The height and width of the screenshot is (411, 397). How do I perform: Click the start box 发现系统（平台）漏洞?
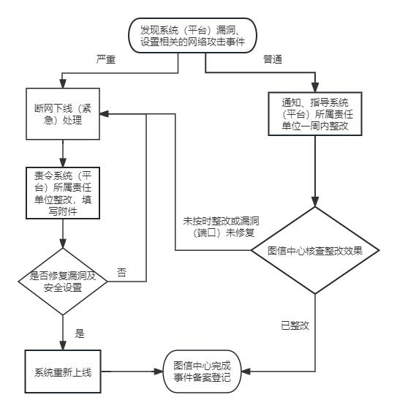point(192,35)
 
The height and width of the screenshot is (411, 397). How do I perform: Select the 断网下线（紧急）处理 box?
point(63,114)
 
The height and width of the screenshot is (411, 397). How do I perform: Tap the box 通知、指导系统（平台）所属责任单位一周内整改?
point(315,114)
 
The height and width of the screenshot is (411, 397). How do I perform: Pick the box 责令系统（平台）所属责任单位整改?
point(63,193)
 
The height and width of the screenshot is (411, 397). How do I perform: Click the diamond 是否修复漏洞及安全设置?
point(63,282)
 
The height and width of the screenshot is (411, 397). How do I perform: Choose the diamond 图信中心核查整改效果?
point(315,250)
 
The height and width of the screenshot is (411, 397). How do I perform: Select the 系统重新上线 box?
point(63,372)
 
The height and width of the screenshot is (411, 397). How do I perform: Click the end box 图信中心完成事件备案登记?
point(202,372)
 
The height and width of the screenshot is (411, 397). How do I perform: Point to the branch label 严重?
point(106,59)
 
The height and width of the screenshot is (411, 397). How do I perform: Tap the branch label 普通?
point(273,59)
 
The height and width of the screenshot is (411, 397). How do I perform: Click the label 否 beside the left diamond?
point(121,273)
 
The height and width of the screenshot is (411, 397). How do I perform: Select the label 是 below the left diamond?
point(80,333)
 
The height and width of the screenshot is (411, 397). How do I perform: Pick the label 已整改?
point(295,325)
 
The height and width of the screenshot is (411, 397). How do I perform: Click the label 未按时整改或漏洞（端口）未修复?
point(222,227)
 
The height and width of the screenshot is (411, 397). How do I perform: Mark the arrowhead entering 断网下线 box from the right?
point(104,114)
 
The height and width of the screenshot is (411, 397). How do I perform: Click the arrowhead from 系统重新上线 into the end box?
point(159,372)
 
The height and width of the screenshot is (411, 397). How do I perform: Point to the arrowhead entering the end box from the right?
point(246,372)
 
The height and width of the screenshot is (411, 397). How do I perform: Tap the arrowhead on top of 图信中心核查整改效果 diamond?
point(315,202)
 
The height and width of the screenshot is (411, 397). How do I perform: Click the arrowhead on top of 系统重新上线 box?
point(63,345)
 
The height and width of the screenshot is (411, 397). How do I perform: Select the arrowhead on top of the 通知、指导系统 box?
point(315,87)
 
